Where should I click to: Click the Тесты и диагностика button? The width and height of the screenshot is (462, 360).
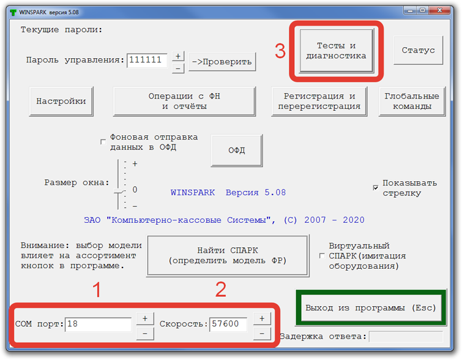click(336, 51)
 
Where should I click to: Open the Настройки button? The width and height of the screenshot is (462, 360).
click(61, 102)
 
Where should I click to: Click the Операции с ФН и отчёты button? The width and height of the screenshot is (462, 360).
click(184, 102)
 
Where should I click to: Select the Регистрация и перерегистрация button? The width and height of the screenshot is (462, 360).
click(319, 102)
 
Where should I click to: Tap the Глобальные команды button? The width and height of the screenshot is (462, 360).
click(412, 102)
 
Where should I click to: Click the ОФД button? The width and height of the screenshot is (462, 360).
click(237, 151)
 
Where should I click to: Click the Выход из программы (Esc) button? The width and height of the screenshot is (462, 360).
click(371, 308)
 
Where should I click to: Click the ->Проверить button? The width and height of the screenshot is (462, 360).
click(222, 62)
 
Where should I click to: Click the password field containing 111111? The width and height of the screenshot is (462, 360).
click(147, 61)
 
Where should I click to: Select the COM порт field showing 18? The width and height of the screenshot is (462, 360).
click(98, 324)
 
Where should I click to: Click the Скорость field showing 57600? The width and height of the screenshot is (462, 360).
click(228, 324)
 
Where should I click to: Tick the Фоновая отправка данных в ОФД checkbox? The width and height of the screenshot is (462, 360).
click(103, 142)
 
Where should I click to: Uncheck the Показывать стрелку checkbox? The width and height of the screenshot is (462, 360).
click(376, 188)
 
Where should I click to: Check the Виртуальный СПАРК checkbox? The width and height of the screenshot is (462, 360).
click(322, 256)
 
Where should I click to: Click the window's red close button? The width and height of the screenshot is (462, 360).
click(439, 10)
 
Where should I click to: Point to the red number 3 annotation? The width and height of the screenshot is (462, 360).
click(280, 51)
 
